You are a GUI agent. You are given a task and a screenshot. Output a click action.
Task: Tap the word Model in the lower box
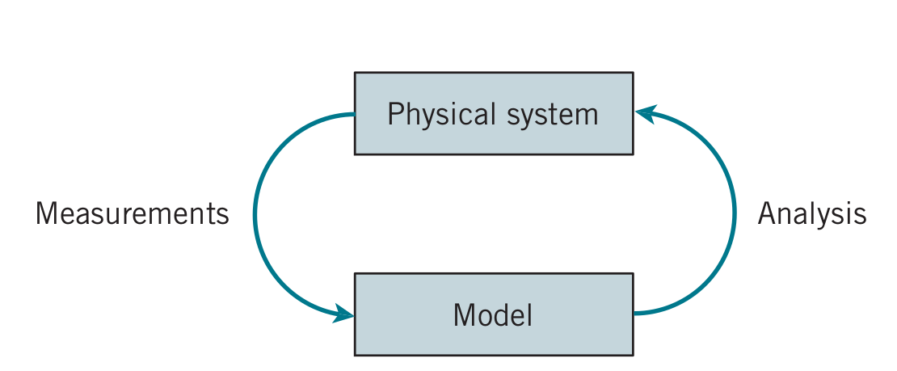(x=493, y=314)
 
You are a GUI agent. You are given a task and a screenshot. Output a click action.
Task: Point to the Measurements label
(x=133, y=214)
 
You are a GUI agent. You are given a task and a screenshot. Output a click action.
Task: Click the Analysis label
(x=812, y=215)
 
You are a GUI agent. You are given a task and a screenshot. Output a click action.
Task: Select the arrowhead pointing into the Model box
(x=343, y=314)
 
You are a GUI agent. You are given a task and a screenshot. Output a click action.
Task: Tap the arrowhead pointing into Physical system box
(x=645, y=114)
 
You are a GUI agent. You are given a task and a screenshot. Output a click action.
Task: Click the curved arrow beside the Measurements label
(x=255, y=214)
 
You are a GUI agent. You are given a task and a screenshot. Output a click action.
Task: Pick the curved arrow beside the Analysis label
(x=734, y=214)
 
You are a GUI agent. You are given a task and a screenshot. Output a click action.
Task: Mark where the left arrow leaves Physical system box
(x=354, y=115)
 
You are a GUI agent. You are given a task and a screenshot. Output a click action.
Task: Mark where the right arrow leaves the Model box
(x=634, y=313)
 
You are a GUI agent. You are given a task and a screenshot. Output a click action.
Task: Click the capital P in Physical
(x=394, y=114)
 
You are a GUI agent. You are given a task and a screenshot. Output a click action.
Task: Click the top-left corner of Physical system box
(x=355, y=73)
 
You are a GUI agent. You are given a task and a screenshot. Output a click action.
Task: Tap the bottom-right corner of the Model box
(x=634, y=355)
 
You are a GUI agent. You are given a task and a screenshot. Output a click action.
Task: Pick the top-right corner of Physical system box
(x=634, y=73)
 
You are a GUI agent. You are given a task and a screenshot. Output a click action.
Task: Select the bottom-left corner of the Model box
(x=355, y=355)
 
